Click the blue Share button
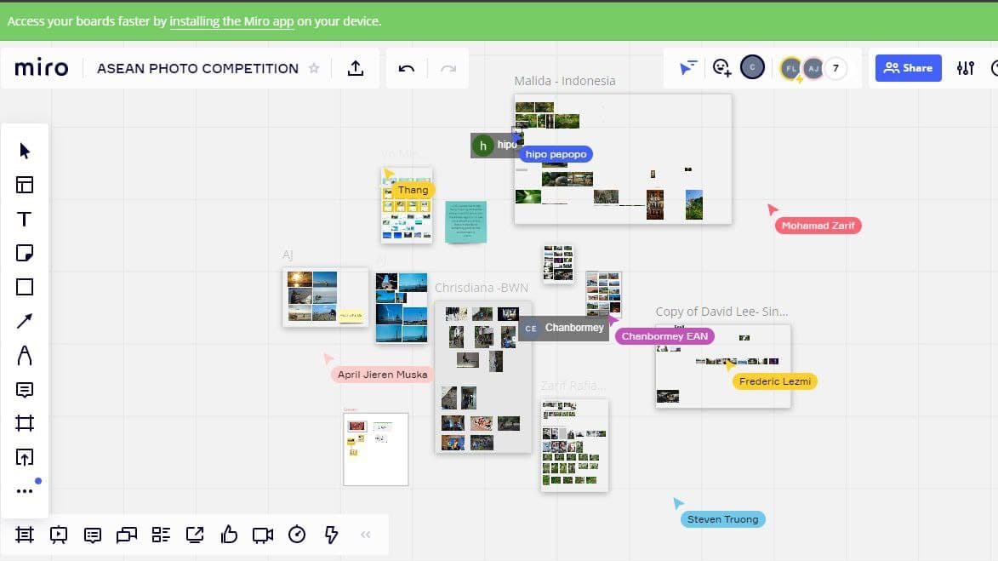click(x=908, y=68)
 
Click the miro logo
click(x=42, y=68)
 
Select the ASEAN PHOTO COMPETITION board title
click(x=197, y=68)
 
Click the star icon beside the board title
click(x=314, y=68)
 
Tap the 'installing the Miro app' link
click(x=231, y=21)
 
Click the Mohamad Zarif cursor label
click(x=818, y=226)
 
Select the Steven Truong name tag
click(x=722, y=519)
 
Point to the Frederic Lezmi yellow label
click(x=774, y=381)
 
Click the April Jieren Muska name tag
click(x=382, y=375)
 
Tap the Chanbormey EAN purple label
click(x=664, y=336)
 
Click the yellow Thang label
click(x=413, y=190)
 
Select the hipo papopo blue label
click(x=555, y=154)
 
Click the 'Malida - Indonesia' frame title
click(x=564, y=81)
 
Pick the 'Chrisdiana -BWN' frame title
click(x=482, y=288)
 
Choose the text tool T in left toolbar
click(x=25, y=219)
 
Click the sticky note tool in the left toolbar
click(x=25, y=253)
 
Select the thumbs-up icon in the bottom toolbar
click(x=229, y=535)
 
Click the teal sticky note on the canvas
click(x=466, y=221)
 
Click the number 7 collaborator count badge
click(x=836, y=68)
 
